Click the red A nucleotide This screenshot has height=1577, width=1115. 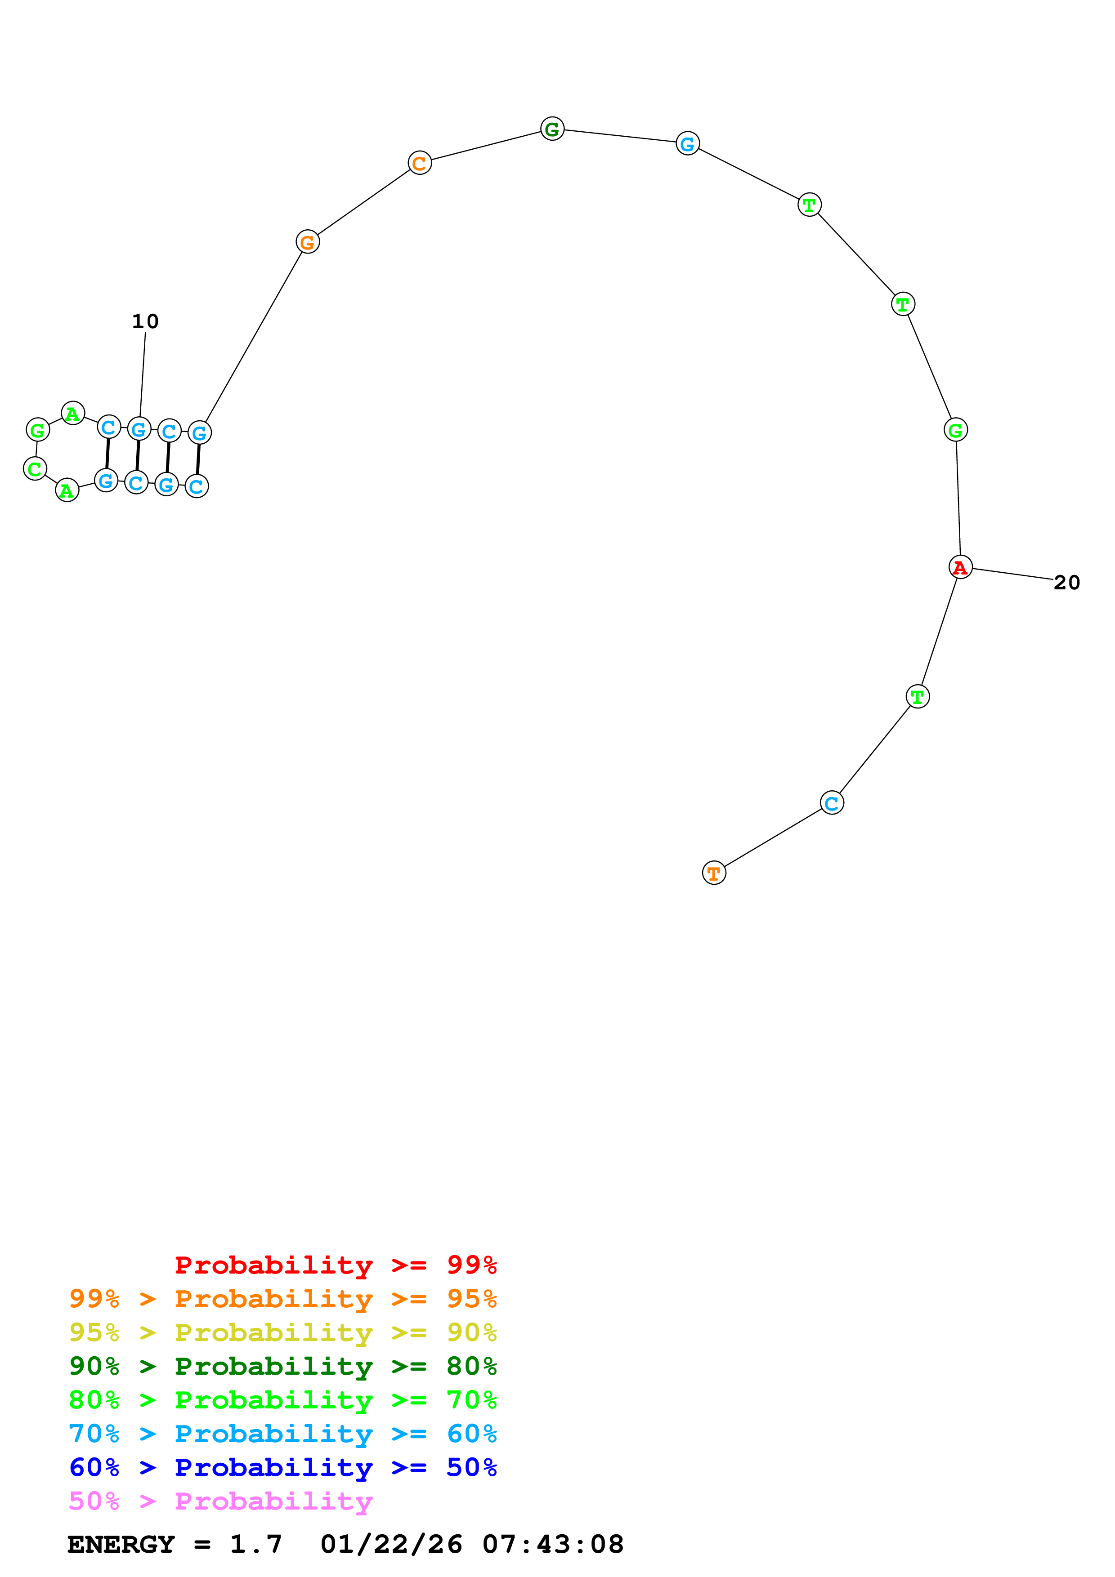pyautogui.click(x=960, y=567)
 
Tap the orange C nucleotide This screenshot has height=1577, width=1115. pyautogui.click(x=420, y=164)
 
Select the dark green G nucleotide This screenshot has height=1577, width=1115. pyautogui.click(x=552, y=129)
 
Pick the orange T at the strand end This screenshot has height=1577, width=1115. pyautogui.click(x=714, y=873)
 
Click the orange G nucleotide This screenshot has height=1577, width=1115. pyautogui.click(x=308, y=242)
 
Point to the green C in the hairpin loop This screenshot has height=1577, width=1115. pyautogui.click(x=35, y=469)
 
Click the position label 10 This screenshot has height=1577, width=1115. pyautogui.click(x=145, y=321)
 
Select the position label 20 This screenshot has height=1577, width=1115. pyautogui.click(x=1066, y=583)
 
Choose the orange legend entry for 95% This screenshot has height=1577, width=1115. pyautogui.click(x=282, y=1299)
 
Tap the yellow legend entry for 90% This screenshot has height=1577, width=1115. pyautogui.click(x=282, y=1332)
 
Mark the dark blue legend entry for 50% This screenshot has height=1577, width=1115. pyautogui.click(x=282, y=1467)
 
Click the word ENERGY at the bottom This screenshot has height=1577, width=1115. pyautogui.click(x=121, y=1544)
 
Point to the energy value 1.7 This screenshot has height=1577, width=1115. pyautogui.click(x=255, y=1544)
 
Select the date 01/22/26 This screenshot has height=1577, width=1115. pyautogui.click(x=391, y=1544)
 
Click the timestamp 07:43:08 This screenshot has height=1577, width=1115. pyautogui.click(x=553, y=1544)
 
